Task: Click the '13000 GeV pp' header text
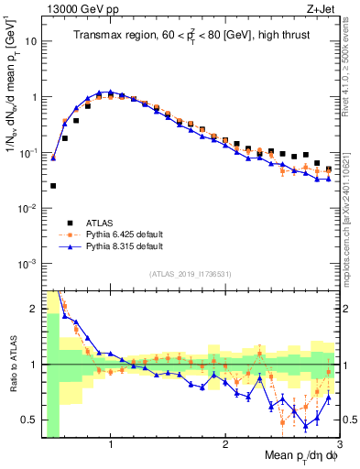coord(79,8)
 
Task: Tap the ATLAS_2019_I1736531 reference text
coord(188,274)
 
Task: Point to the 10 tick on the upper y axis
coord(31,42)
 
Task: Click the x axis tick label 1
coord(111,446)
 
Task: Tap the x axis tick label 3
coord(339,446)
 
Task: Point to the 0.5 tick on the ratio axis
coord(29,420)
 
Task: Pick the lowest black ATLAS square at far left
coord(53,186)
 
